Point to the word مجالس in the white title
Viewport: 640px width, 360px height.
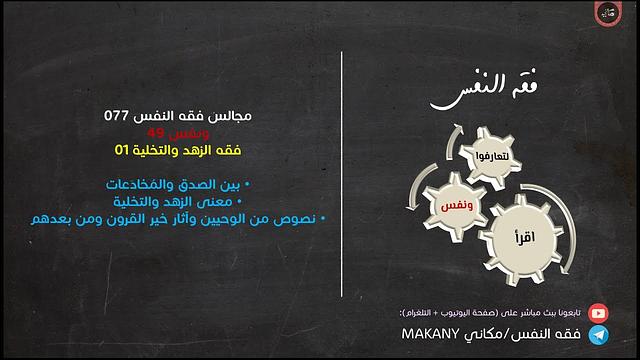pyautogui.click(x=232, y=115)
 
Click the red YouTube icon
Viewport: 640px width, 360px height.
pyautogui.click(x=597, y=312)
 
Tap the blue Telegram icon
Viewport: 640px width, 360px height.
pyautogui.click(x=597, y=334)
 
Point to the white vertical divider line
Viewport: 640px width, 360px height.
pyautogui.click(x=342, y=180)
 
